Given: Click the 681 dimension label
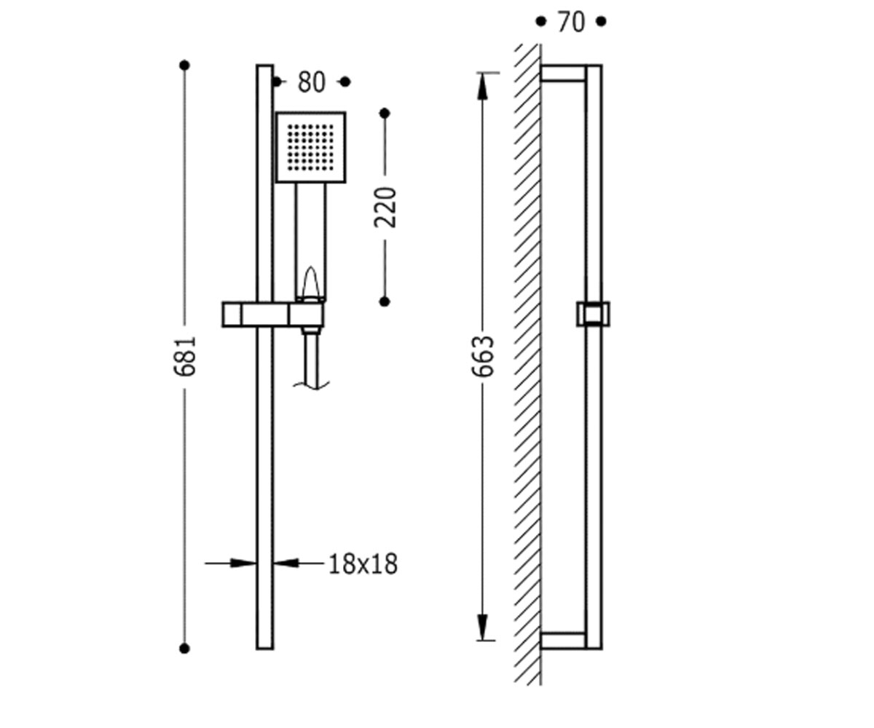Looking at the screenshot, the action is pyautogui.click(x=184, y=356).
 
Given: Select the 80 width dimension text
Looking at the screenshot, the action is pyautogui.click(x=312, y=82).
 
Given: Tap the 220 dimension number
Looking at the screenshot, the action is pyautogui.click(x=385, y=207).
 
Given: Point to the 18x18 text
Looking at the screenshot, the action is pyautogui.click(x=363, y=564).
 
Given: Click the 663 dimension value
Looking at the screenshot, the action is pyautogui.click(x=483, y=356).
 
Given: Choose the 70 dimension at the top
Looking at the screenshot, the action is pyautogui.click(x=571, y=22).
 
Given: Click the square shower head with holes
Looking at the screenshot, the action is pyautogui.click(x=310, y=147).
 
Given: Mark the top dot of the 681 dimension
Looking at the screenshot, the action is pyautogui.click(x=184, y=66).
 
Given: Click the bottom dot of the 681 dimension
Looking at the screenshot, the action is pyautogui.click(x=184, y=649).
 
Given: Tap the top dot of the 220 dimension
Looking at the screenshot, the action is pyautogui.click(x=385, y=114).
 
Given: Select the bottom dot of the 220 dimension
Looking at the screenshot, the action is pyautogui.click(x=385, y=301).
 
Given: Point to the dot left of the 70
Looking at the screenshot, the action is pyautogui.click(x=541, y=21).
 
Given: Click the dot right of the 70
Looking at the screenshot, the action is pyautogui.click(x=601, y=21).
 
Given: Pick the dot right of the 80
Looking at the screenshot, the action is pyautogui.click(x=345, y=82).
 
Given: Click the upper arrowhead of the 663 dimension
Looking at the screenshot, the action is pyautogui.click(x=483, y=87).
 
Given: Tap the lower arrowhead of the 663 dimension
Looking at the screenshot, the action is pyautogui.click(x=483, y=627).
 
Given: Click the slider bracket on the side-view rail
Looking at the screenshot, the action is pyautogui.click(x=593, y=314).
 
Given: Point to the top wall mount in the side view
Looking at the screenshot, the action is pyautogui.click(x=563, y=74).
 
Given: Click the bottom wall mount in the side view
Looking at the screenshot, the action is pyautogui.click(x=563, y=641).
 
